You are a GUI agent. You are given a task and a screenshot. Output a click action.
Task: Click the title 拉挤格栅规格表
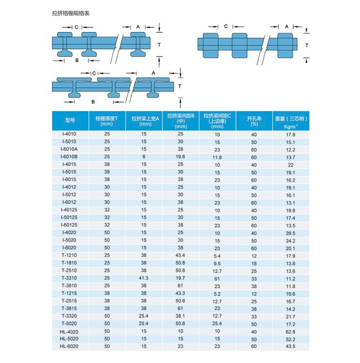point(71,13)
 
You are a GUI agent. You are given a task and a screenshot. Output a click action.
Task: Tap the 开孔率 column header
point(254,120)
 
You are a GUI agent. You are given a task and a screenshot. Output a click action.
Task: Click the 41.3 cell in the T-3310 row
point(144,278)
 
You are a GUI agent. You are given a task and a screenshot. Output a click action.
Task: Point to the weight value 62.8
point(291,332)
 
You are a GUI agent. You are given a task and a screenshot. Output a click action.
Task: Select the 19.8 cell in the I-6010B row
point(180,157)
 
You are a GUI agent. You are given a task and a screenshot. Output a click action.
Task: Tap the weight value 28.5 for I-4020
point(291,233)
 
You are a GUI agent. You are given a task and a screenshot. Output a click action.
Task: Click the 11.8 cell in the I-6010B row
point(217,157)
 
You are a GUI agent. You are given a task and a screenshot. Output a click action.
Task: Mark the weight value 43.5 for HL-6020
point(291,347)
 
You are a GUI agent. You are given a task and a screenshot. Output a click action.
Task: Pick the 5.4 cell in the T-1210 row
point(217,256)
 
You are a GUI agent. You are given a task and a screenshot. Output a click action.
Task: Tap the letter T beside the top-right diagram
point(307,45)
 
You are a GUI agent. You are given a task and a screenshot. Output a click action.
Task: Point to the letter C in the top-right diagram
point(226,26)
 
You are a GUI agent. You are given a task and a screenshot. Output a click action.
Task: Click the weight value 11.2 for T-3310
point(291,279)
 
